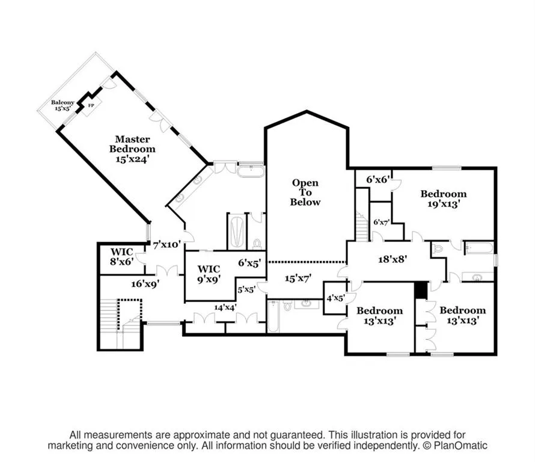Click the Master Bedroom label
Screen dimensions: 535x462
(132, 149)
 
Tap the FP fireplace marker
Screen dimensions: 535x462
(91, 105)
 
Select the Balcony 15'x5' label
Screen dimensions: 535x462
(63, 105)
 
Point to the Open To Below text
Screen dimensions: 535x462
(305, 192)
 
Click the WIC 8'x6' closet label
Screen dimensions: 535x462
(122, 256)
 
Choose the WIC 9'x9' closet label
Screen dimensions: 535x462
(209, 274)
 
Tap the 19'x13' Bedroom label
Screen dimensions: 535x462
(444, 199)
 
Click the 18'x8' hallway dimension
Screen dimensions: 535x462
(393, 259)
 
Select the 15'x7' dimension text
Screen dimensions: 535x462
(299, 279)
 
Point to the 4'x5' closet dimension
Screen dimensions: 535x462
(336, 298)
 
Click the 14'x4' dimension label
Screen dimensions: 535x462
(225, 307)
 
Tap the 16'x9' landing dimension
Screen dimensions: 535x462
(145, 283)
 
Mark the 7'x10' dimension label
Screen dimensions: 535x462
(167, 244)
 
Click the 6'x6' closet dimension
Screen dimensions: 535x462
(378, 179)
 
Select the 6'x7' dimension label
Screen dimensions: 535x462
(382, 223)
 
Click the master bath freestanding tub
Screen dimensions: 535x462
(251, 171)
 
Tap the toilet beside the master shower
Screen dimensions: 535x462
(257, 244)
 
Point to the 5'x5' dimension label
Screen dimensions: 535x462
(246, 290)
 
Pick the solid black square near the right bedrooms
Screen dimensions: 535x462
(420, 291)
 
